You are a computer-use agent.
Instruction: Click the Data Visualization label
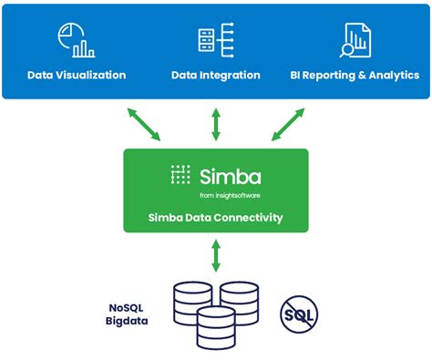77,75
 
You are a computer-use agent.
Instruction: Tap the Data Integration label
216,75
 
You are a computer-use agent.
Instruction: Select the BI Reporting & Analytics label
355,75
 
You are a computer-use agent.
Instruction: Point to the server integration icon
216,39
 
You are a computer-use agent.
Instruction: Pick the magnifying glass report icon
354,39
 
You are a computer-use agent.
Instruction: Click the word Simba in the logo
230,176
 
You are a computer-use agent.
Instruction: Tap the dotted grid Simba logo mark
181,176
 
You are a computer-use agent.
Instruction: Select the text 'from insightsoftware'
229,195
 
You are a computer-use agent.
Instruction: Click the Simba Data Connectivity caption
216,218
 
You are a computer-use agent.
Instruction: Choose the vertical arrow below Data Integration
216,124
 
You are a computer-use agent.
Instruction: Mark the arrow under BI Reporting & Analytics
288,124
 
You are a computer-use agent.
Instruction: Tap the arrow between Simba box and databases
216,255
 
